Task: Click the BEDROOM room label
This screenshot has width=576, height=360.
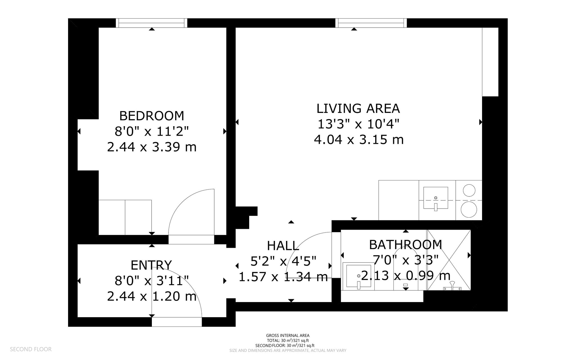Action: pos(152,116)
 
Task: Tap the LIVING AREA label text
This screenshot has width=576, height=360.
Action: pos(358,108)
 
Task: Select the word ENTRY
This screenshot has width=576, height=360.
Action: pos(151,265)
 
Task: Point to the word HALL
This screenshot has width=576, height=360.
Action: pos(283,246)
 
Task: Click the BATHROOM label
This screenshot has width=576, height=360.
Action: pos(406,245)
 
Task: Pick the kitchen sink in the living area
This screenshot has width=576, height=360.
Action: pos(436,198)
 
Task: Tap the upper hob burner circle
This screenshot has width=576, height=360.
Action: pos(469,190)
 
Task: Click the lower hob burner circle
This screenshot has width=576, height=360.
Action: pos(469,209)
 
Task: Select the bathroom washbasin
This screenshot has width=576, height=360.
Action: pos(359,276)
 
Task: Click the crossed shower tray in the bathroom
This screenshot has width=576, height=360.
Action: pos(449,260)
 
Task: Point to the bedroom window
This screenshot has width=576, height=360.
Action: pos(152,23)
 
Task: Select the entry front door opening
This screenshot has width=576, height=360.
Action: pos(177,322)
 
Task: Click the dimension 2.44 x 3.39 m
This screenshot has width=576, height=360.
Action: pos(152,147)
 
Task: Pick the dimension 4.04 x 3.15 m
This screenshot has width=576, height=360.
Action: pos(359,140)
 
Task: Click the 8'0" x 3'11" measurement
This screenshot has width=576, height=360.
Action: pos(152,281)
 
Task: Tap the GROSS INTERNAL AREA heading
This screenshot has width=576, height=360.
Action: pos(288,336)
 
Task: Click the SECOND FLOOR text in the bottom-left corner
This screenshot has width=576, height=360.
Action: pos(31,349)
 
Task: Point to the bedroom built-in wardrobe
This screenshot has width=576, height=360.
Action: pos(125,217)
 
